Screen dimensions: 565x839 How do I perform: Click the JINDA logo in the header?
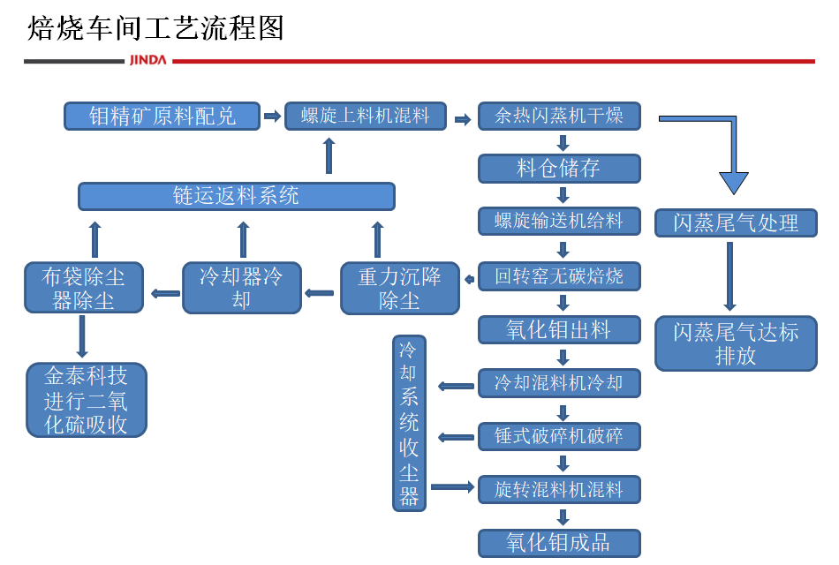tap(147, 61)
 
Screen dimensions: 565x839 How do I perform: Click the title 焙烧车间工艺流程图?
tap(156, 28)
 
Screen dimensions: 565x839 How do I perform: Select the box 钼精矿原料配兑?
tap(163, 116)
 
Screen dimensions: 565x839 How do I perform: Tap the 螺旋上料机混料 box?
tap(366, 116)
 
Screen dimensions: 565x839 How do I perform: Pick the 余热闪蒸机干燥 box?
tap(558, 116)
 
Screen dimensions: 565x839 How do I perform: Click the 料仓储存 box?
tap(558, 168)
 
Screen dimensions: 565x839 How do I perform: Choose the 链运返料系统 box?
tap(236, 196)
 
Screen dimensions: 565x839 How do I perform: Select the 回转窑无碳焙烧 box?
tap(558, 275)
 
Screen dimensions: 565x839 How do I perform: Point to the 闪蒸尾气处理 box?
tap(736, 222)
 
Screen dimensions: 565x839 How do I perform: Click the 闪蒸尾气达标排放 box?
tap(736, 343)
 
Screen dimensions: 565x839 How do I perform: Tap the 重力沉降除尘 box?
tap(399, 288)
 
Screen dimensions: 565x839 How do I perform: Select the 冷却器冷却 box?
tap(241, 288)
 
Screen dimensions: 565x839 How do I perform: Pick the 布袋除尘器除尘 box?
tap(83, 288)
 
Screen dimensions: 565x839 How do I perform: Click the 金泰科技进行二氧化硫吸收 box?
tap(86, 400)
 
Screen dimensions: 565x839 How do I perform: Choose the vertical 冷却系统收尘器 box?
tap(409, 424)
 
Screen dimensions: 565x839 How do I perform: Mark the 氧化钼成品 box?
tap(558, 542)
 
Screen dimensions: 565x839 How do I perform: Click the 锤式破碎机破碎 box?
tap(558, 436)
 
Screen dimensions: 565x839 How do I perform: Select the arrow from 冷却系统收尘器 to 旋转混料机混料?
tap(451, 486)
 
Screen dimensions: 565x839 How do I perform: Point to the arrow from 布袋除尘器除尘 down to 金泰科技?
tap(83, 336)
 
